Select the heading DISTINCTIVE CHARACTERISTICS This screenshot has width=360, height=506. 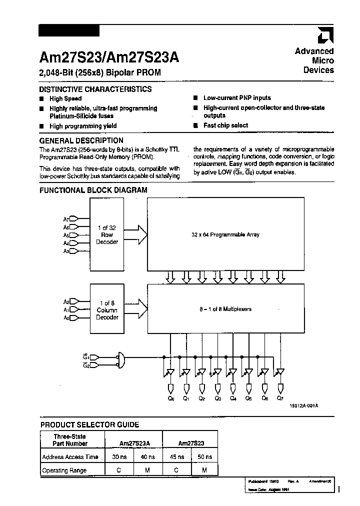point(95,89)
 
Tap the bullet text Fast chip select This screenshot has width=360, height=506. point(225,125)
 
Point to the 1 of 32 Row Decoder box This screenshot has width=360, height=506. point(107,234)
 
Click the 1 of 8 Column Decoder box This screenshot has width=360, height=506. point(107,310)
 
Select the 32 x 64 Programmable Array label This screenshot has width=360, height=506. point(225,234)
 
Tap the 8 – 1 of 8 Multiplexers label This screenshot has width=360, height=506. point(225,309)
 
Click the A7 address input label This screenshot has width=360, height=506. point(66,218)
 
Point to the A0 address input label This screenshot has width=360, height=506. point(66,317)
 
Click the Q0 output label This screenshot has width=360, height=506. point(171,398)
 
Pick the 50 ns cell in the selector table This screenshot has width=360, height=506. point(205,456)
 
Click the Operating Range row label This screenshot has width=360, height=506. point(64,470)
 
